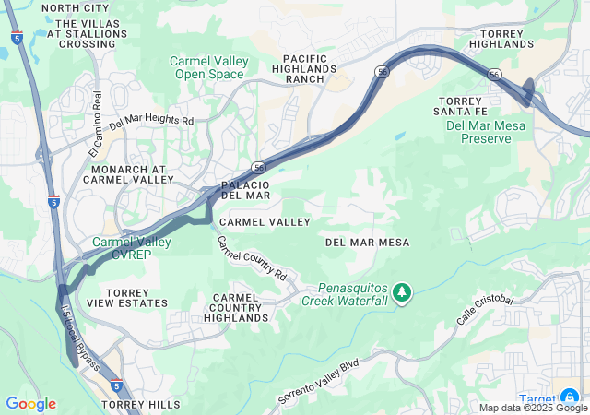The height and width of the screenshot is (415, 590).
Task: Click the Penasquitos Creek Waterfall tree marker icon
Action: pos(401,292)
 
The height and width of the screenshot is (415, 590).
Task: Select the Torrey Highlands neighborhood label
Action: pos(501,38)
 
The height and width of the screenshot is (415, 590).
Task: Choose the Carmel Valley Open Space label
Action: pos(209,67)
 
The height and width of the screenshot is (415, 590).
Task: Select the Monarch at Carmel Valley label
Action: pos(128,175)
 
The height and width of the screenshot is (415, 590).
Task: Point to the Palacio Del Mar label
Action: pos(245,189)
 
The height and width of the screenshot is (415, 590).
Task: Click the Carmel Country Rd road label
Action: pos(253,259)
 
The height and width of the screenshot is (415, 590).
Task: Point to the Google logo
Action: pos(30,404)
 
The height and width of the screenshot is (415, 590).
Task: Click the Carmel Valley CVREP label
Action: pos(131,248)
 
